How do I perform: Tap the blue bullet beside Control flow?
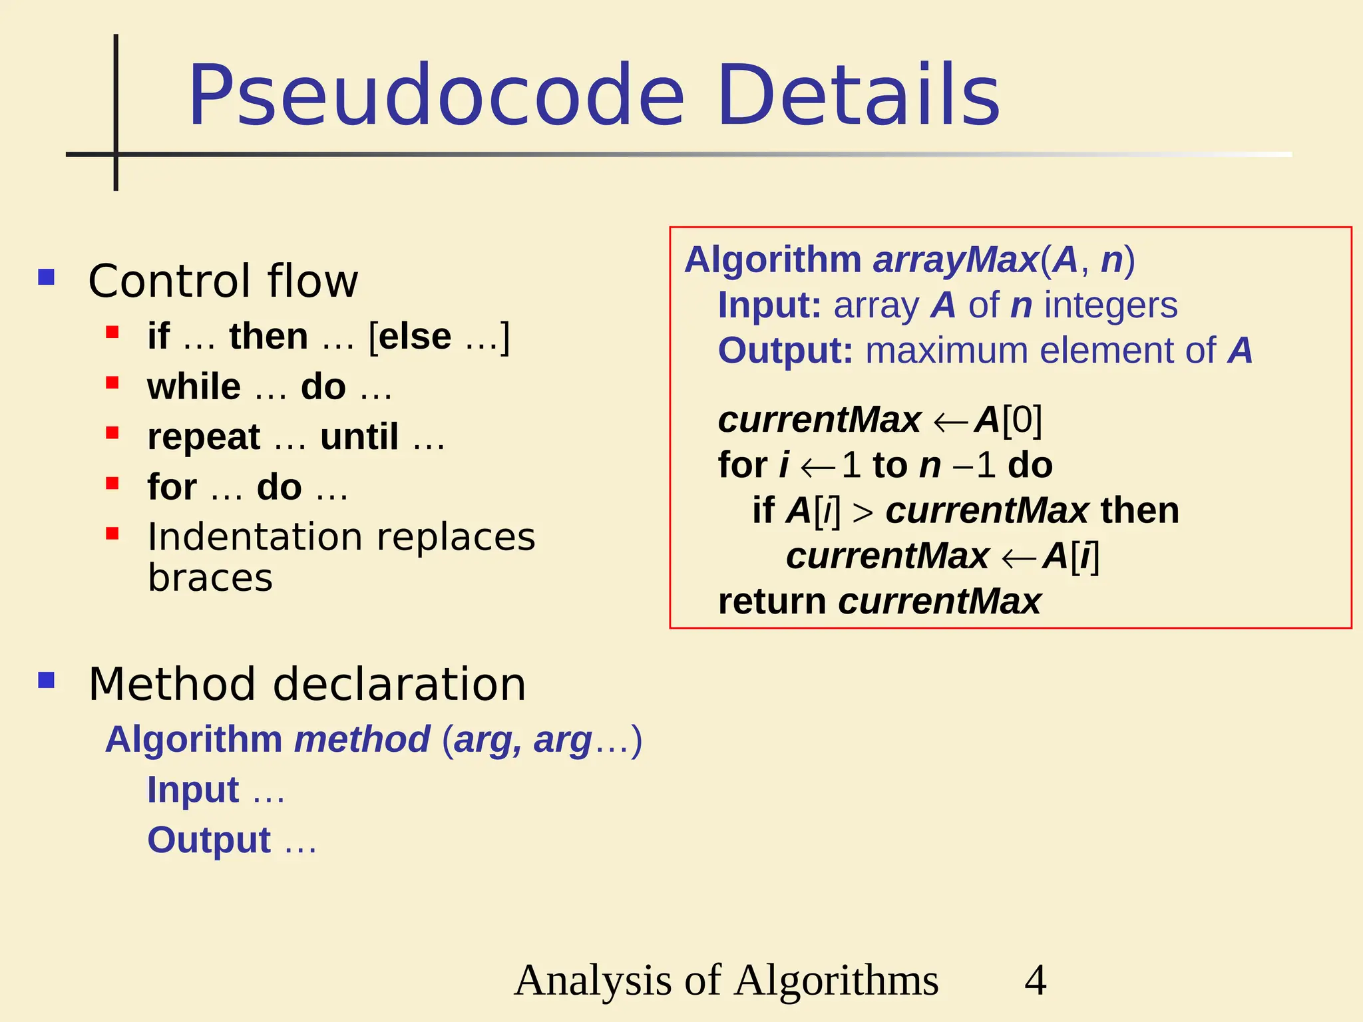click(x=47, y=277)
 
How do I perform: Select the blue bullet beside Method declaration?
click(x=47, y=680)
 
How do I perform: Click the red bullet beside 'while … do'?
click(x=112, y=383)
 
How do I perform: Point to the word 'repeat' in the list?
click(x=204, y=438)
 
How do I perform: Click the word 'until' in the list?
click(x=359, y=436)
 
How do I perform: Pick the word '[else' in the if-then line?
click(x=410, y=336)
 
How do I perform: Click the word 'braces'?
click(x=210, y=578)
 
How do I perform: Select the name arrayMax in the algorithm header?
click(x=956, y=259)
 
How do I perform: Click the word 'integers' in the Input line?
click(x=1111, y=305)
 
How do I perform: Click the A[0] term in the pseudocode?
click(x=1008, y=420)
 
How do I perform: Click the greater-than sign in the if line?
click(x=863, y=512)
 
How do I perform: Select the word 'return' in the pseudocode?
click(x=772, y=601)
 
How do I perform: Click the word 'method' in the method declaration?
click(x=362, y=739)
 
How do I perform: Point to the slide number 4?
click(x=1035, y=980)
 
